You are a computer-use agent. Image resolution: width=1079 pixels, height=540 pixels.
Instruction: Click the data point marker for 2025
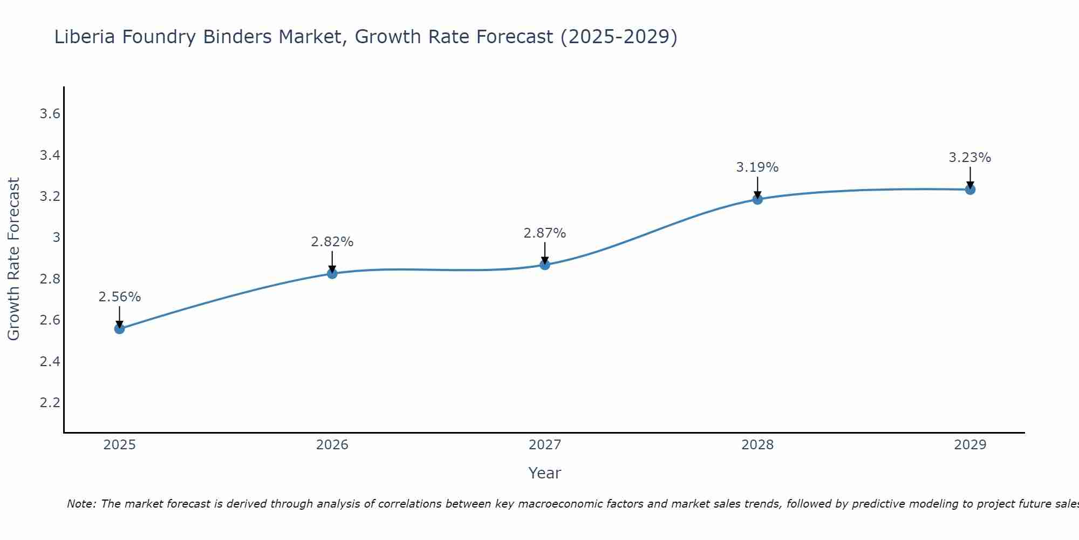click(119, 328)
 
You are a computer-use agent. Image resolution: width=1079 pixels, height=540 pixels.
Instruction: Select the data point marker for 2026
click(332, 273)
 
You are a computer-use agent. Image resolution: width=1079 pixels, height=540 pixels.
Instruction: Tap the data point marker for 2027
click(545, 265)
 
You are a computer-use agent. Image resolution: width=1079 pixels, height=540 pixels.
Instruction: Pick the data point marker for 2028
click(757, 199)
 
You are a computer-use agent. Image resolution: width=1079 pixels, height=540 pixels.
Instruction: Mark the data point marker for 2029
click(970, 190)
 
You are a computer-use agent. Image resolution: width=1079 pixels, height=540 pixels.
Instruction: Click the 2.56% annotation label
click(119, 297)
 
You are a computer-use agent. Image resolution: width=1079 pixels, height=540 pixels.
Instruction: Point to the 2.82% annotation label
click(332, 242)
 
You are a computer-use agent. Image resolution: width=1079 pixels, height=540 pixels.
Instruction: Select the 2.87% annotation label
click(545, 233)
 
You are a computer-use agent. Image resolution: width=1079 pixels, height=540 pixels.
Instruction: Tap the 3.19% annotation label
click(757, 167)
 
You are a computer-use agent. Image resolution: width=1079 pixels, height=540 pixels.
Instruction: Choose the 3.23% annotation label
click(970, 158)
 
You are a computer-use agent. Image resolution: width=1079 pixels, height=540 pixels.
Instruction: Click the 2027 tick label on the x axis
click(545, 445)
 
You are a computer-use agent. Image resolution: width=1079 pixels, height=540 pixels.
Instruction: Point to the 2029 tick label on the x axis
click(970, 445)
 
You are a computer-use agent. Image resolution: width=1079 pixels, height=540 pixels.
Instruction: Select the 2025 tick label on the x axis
click(119, 445)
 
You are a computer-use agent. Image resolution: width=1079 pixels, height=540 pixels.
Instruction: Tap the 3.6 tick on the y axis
click(50, 114)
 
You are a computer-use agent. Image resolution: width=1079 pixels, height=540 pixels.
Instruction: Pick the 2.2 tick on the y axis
click(50, 403)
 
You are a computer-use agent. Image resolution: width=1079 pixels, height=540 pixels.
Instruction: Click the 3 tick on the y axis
click(56, 238)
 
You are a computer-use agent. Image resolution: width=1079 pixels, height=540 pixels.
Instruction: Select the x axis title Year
click(545, 473)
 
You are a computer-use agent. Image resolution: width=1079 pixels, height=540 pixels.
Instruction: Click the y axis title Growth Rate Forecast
click(13, 259)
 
